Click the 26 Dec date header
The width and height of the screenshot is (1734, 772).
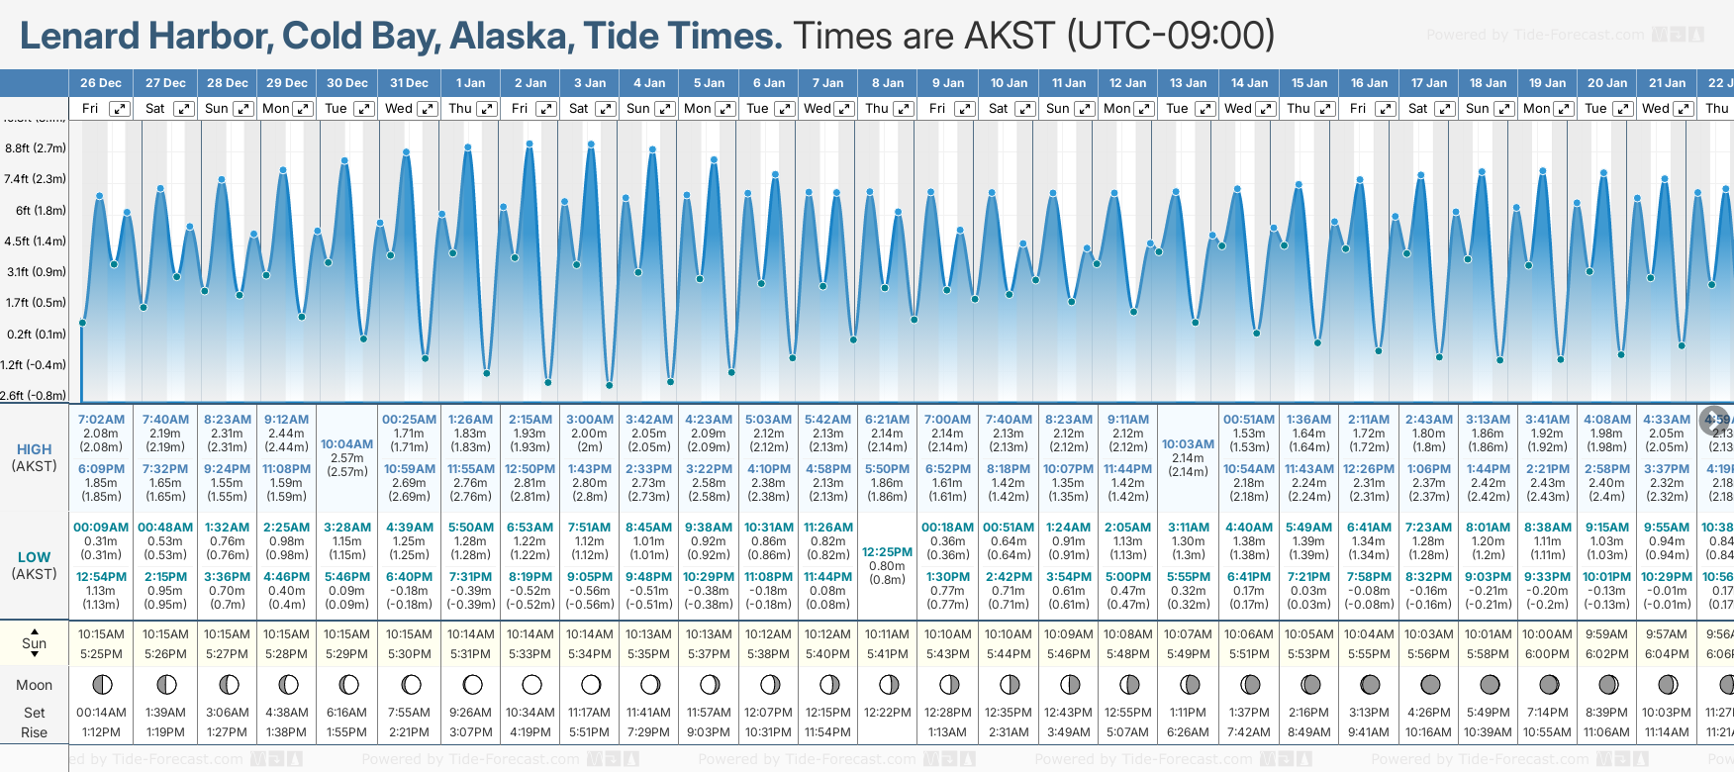[x=101, y=83]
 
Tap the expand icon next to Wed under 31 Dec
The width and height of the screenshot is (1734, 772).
[x=428, y=109]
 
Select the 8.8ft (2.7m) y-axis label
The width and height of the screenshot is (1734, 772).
[x=36, y=148]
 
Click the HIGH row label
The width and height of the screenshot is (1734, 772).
[x=35, y=449]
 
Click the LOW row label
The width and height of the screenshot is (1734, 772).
[x=35, y=557]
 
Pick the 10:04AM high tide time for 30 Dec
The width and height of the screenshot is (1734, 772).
[x=347, y=444]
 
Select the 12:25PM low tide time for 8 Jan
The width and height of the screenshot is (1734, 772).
[x=887, y=552]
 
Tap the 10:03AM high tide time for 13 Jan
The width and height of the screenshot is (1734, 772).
[x=1188, y=444]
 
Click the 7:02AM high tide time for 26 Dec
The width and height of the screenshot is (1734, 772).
[x=101, y=420]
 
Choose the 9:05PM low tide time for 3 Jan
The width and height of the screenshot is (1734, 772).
[x=590, y=577]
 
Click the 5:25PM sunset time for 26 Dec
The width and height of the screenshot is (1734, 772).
[x=101, y=654]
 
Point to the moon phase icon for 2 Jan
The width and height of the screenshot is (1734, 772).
[x=531, y=684]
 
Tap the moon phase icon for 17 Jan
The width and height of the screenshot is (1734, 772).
[x=1430, y=684]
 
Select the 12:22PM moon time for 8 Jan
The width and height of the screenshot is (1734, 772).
[x=887, y=713]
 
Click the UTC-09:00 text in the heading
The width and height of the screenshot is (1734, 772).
[x=1170, y=36]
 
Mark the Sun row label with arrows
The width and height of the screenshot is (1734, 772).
[x=35, y=643]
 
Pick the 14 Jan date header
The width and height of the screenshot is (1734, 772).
[x=1249, y=83]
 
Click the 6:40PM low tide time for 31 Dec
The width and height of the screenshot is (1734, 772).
[x=409, y=577]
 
